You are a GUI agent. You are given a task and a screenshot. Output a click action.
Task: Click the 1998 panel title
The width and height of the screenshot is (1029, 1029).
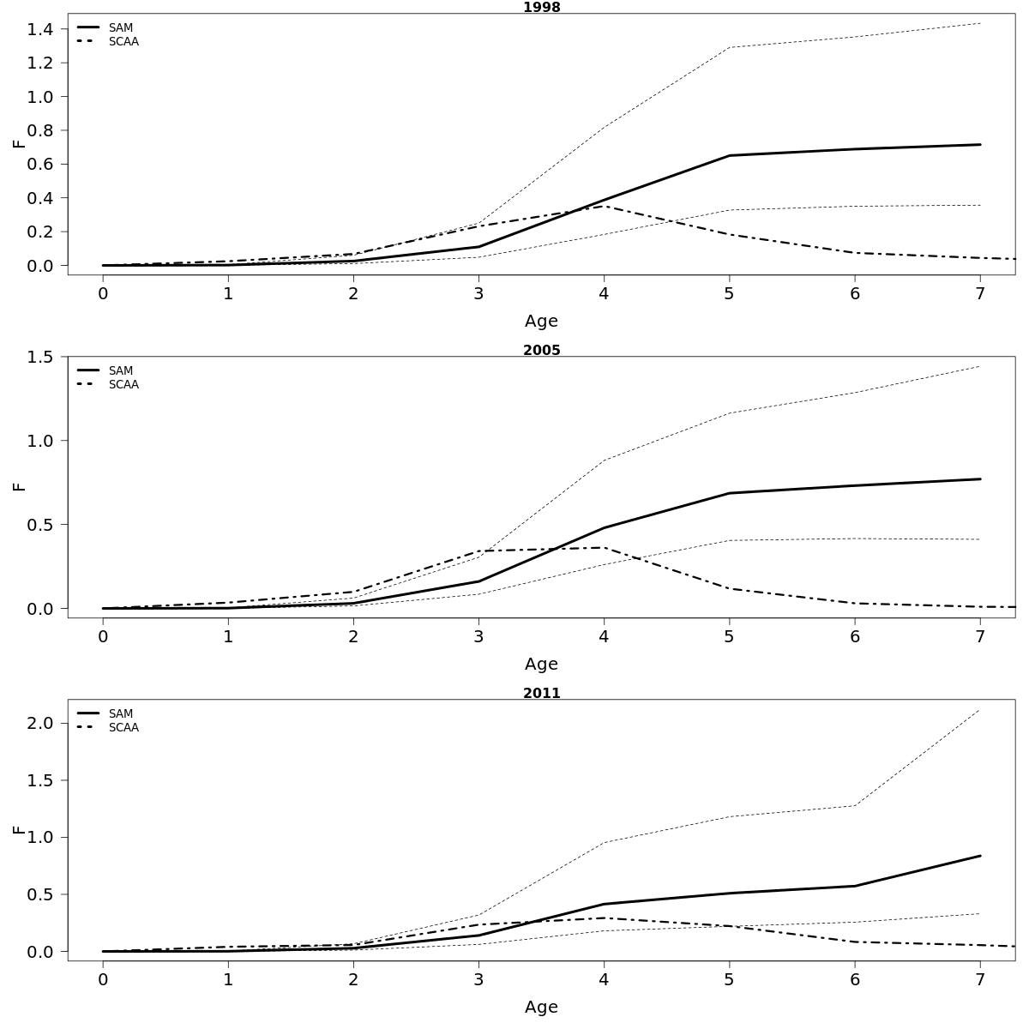(x=541, y=8)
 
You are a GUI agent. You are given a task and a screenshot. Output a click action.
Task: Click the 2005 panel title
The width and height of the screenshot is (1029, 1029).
(x=541, y=350)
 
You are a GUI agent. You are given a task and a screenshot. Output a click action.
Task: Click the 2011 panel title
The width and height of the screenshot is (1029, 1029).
(x=541, y=693)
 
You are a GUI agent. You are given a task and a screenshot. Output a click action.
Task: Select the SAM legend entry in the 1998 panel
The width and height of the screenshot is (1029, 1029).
(x=120, y=27)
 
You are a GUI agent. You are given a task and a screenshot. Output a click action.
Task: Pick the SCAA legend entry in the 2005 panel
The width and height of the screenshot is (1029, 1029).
(x=123, y=385)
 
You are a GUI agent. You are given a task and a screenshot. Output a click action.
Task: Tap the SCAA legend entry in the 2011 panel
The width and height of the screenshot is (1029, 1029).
(x=123, y=728)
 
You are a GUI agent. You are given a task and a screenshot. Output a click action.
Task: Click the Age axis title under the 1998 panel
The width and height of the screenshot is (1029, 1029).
(x=541, y=321)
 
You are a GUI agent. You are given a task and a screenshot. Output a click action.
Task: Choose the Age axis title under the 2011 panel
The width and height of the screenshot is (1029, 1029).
(x=541, y=1007)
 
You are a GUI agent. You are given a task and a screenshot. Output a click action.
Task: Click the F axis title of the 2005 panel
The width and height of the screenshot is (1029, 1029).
(x=19, y=486)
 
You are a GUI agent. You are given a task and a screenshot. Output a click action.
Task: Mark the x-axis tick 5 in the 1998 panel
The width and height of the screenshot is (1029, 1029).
(x=729, y=293)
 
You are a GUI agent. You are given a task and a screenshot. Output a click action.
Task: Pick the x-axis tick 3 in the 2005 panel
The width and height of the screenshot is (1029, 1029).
(x=478, y=636)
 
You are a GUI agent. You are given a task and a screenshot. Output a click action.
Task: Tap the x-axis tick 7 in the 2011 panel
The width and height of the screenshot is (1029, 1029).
(x=979, y=979)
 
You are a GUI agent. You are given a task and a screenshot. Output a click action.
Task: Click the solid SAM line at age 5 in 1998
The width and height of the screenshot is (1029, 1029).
(x=729, y=155)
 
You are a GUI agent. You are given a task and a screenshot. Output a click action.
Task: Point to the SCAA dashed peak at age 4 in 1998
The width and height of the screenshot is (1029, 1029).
(x=604, y=206)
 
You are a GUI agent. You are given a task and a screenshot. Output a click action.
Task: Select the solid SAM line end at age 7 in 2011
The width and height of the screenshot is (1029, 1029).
(x=979, y=856)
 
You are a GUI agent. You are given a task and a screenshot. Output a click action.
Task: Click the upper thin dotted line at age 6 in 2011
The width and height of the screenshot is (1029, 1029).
(x=854, y=805)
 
